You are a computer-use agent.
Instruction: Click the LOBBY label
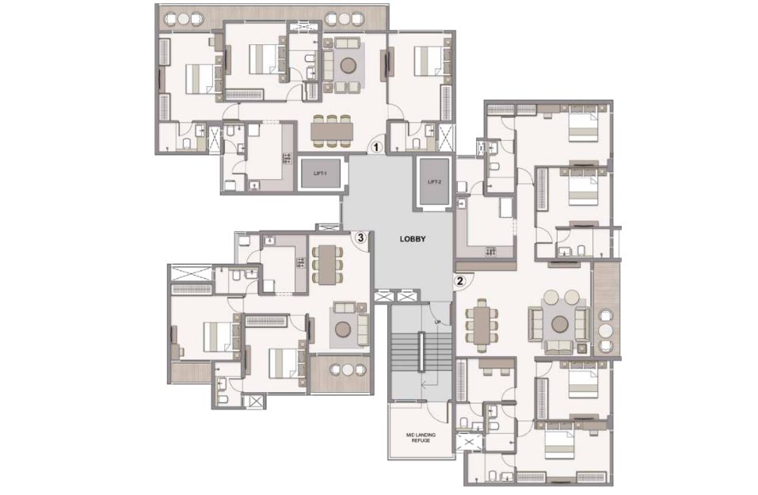413,239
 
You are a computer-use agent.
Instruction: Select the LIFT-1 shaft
321,173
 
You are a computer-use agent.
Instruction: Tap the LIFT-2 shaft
435,181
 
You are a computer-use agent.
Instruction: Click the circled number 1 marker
376,146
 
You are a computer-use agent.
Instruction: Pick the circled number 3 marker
360,238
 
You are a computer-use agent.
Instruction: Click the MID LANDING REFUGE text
421,437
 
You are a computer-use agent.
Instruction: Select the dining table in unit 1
332,131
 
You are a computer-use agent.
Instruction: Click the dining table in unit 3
328,264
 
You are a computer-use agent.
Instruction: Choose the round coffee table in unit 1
348,65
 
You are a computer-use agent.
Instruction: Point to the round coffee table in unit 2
560,323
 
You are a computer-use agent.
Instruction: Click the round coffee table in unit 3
344,328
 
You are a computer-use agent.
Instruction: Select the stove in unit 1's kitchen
288,158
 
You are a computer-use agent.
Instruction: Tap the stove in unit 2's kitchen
490,251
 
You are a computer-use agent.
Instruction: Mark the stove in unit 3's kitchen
301,262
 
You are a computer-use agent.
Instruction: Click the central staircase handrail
421,352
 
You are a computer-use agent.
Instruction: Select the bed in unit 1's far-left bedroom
200,78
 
